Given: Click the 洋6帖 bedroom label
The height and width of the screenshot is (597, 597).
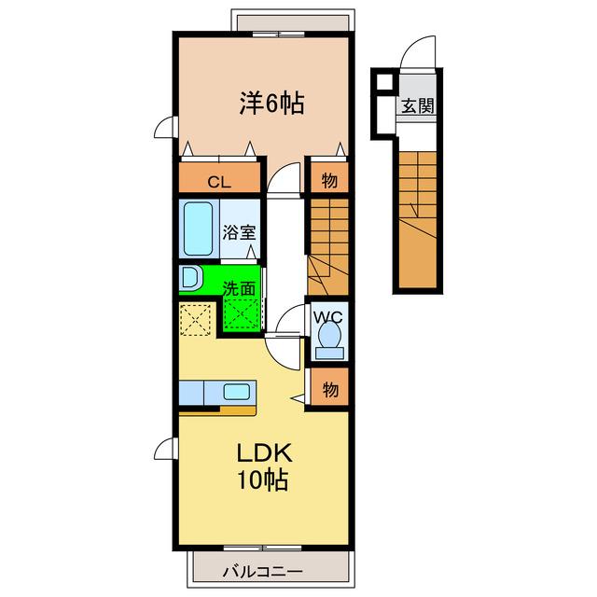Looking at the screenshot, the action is click(x=271, y=104).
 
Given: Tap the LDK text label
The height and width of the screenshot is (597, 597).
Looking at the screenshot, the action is click(x=264, y=452).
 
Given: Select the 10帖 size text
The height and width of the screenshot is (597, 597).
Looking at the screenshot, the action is click(x=263, y=479).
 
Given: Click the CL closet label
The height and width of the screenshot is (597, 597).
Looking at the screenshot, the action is click(x=219, y=183).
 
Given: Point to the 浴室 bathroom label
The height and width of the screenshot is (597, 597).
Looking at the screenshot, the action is click(x=239, y=232).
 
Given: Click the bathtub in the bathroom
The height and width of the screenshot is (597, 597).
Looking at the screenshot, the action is click(x=198, y=229).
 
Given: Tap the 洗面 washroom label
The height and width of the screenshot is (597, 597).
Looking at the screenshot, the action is click(x=239, y=288).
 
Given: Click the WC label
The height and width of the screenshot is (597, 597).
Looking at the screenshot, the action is click(x=327, y=317).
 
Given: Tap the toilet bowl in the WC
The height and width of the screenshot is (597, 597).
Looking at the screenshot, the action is click(x=329, y=335).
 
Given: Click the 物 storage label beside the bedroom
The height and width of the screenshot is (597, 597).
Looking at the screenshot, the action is click(x=329, y=180).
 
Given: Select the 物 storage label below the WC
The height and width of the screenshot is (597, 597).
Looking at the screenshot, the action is click(x=330, y=390).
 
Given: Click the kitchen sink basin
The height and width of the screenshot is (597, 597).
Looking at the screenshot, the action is click(x=236, y=392).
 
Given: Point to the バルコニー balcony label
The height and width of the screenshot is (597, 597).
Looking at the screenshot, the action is click(x=263, y=571).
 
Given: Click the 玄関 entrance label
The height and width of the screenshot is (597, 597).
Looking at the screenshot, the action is click(x=418, y=105).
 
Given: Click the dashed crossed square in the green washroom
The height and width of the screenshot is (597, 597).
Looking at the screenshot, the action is click(x=243, y=313).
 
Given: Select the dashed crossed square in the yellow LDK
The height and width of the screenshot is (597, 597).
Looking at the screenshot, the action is click(x=195, y=319).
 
